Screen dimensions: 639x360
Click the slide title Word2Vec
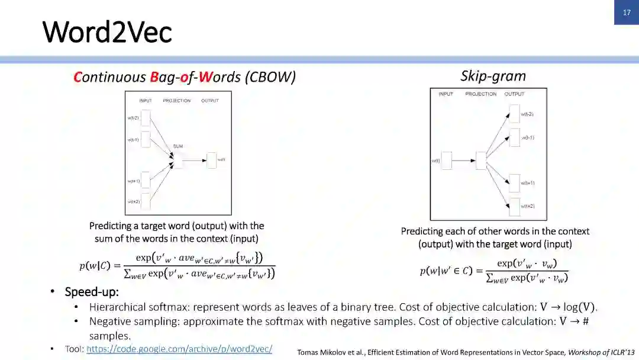pos(107,31)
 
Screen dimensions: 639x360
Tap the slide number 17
pos(627,12)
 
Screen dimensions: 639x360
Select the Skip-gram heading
pos(493,76)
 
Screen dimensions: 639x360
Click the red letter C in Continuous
pos(77,77)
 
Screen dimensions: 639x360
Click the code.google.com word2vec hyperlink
pos(179,349)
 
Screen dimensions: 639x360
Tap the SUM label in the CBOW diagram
pos(177,146)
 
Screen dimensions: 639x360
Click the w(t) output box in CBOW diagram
pos(211,160)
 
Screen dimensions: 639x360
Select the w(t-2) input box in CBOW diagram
pos(145,118)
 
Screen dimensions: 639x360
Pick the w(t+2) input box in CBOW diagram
pos(145,202)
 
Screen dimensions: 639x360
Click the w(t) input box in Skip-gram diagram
pos(446,160)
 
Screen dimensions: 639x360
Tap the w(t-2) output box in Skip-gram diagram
pos(514,114)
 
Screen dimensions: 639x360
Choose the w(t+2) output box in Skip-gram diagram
pos(514,206)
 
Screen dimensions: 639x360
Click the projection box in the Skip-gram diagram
pos(480,160)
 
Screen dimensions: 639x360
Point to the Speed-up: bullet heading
pos(92,292)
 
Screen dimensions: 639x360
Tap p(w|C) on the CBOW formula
pos(95,266)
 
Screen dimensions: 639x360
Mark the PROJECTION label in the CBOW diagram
pos(176,101)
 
